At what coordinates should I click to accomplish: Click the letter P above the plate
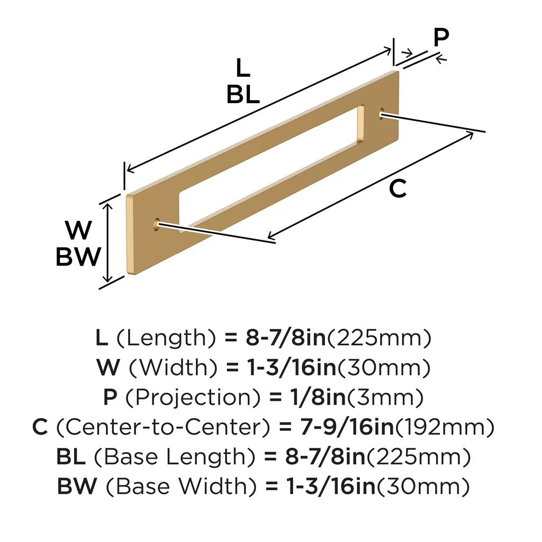(x=440, y=38)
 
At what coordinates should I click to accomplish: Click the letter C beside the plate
(x=398, y=188)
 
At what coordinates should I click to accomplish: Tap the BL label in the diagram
(x=243, y=95)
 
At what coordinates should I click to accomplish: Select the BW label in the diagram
(x=78, y=257)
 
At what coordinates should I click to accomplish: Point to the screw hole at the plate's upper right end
(x=381, y=112)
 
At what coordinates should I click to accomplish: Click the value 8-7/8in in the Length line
(x=285, y=338)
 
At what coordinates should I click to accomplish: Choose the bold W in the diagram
(x=78, y=231)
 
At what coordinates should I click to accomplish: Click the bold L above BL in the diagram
(x=242, y=68)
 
